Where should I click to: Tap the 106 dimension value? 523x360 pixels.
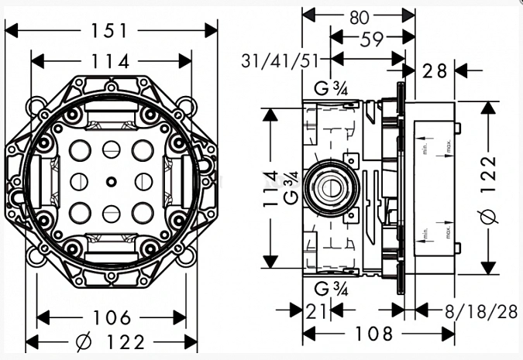(x=111, y=318)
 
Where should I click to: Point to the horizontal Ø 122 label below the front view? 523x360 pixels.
(x=111, y=341)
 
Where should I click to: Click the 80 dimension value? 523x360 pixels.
(x=357, y=15)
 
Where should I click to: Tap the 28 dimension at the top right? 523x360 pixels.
(x=436, y=70)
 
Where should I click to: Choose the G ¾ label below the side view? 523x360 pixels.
(x=331, y=290)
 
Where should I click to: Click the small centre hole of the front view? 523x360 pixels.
(x=112, y=183)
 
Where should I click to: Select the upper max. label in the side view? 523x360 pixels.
(x=448, y=146)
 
